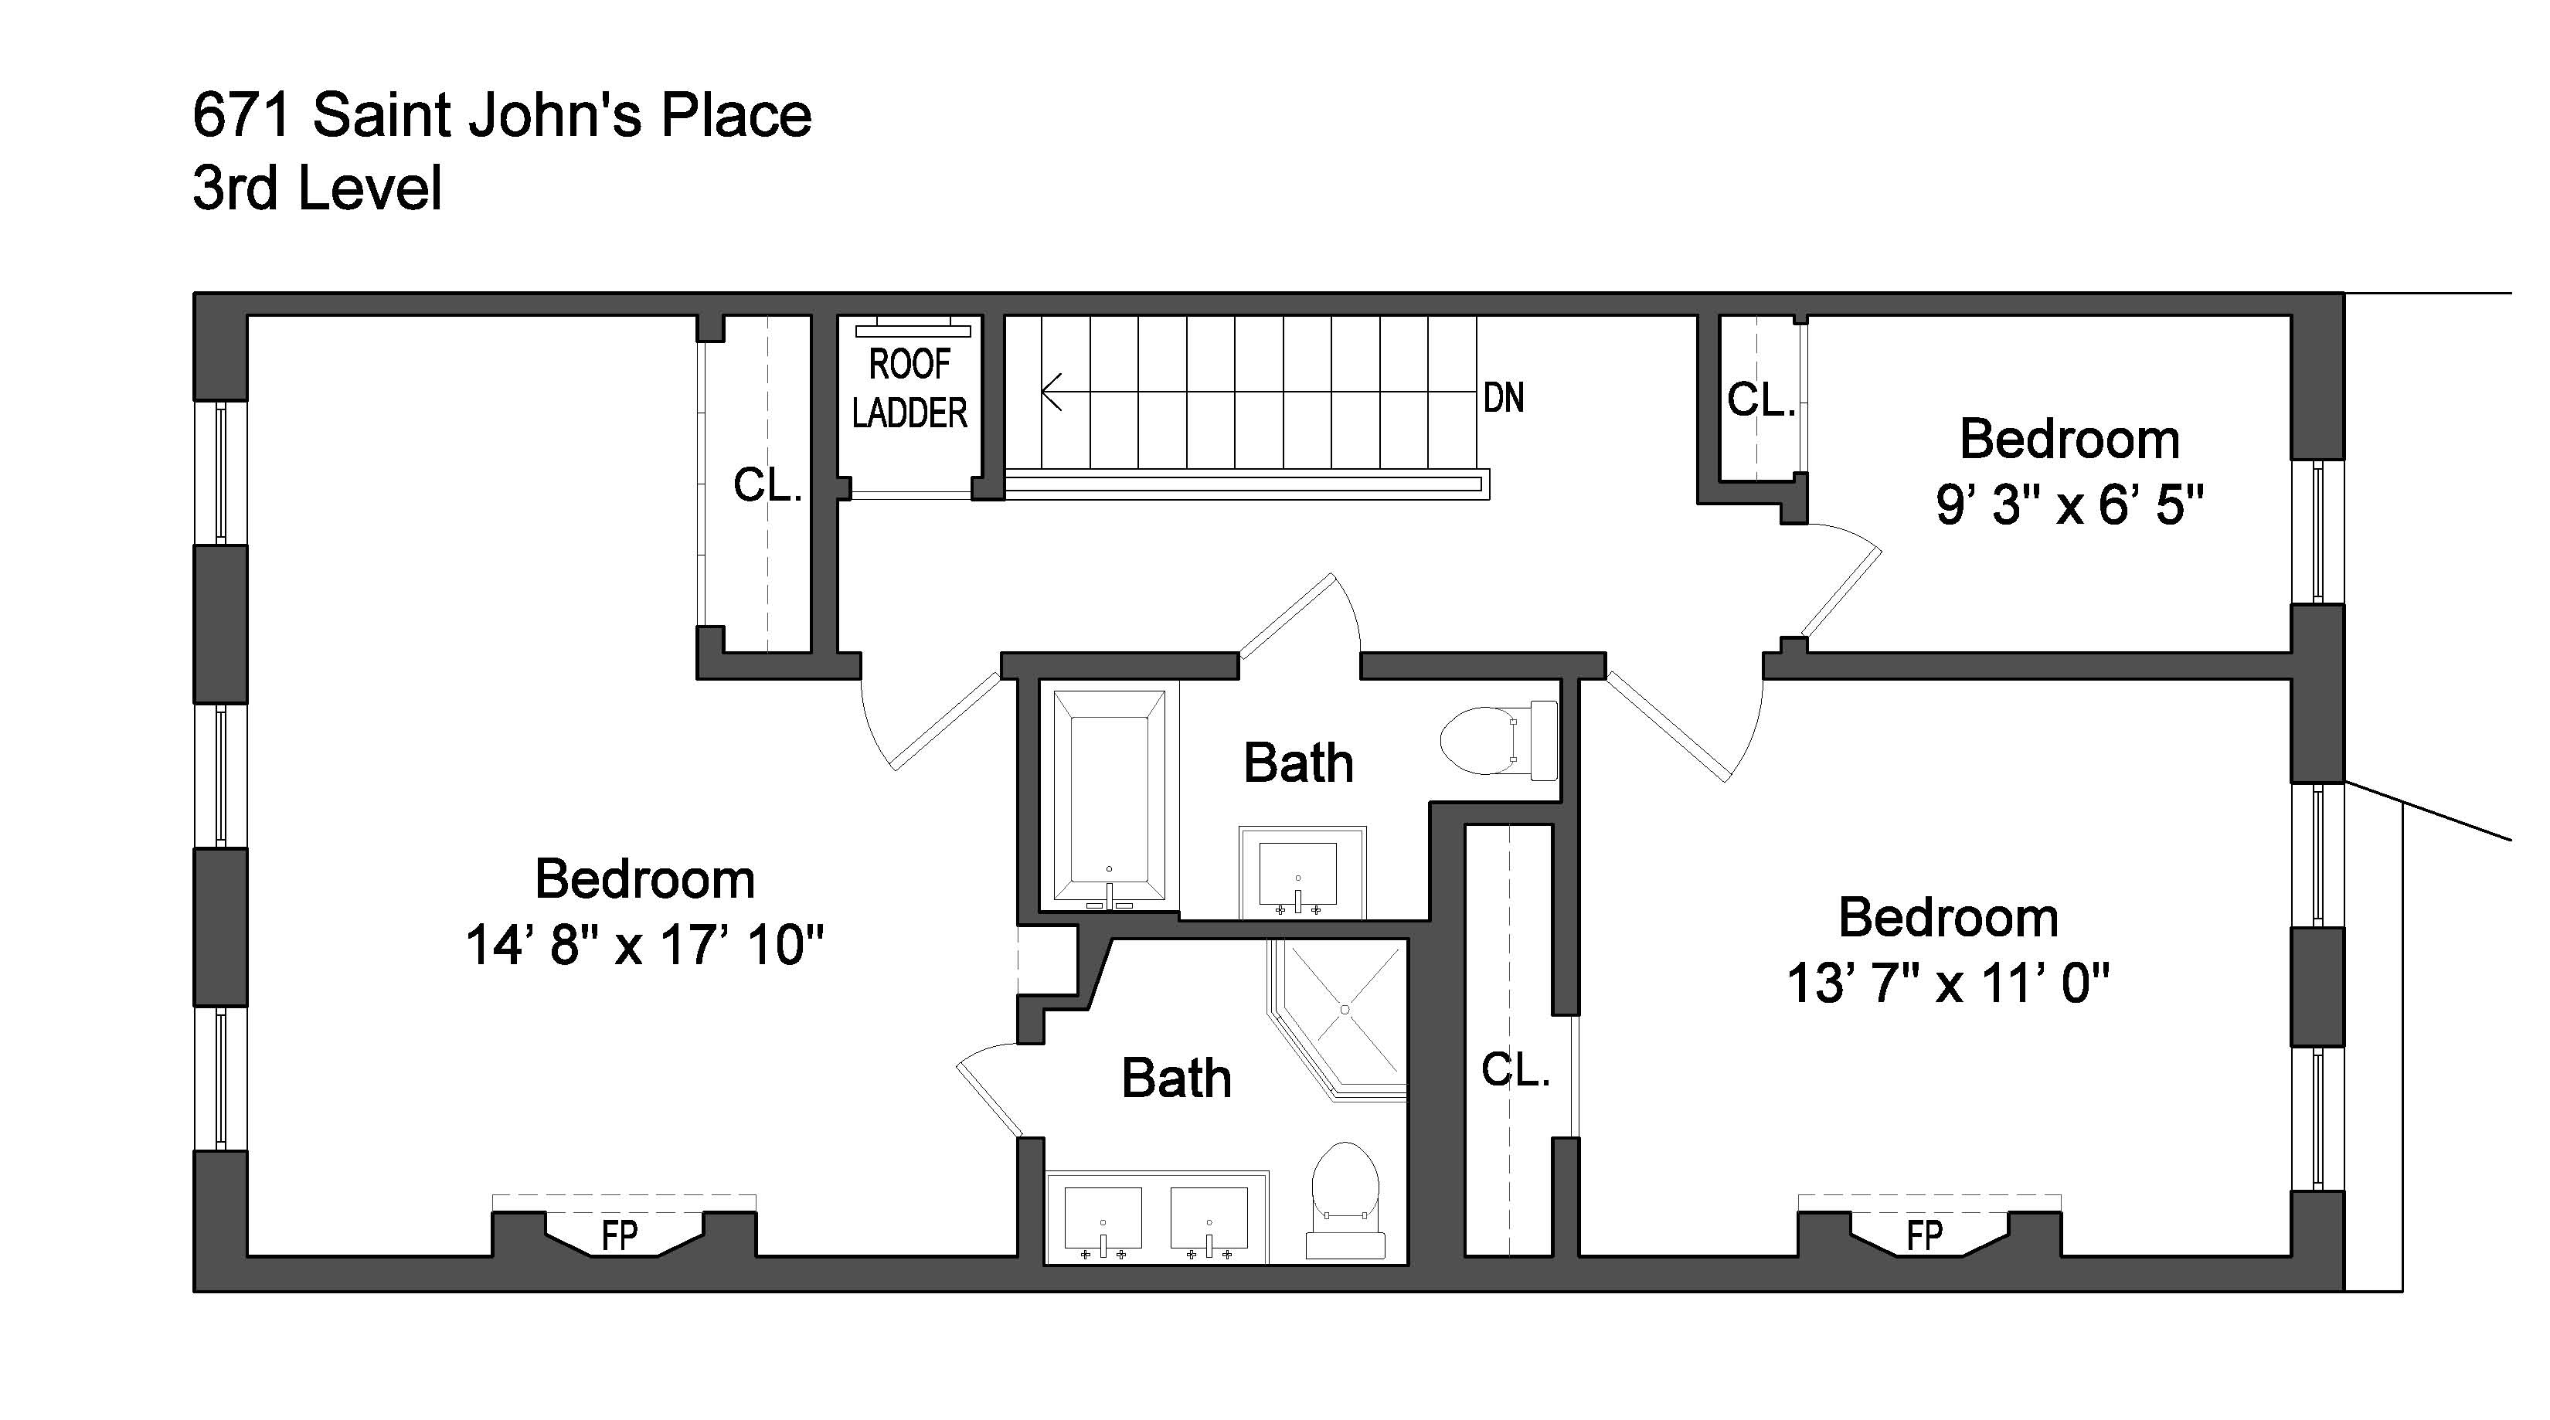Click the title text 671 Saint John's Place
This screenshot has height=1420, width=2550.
pyautogui.click(x=501, y=116)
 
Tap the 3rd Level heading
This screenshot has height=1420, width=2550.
pyautogui.click(x=317, y=189)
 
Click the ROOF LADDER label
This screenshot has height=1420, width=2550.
pyautogui.click(x=909, y=389)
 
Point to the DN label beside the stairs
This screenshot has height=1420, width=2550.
pyautogui.click(x=1503, y=398)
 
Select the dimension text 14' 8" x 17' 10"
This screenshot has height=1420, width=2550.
pyautogui.click(x=644, y=945)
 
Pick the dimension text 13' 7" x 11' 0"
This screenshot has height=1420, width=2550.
pyautogui.click(x=1947, y=983)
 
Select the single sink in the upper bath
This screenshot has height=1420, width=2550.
pyautogui.click(x=1297, y=874)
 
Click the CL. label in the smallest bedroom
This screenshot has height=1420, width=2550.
pyautogui.click(x=1761, y=399)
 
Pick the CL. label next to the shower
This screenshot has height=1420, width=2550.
pyautogui.click(x=1515, y=1070)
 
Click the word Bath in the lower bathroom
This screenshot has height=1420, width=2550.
pyautogui.click(x=1176, y=1079)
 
